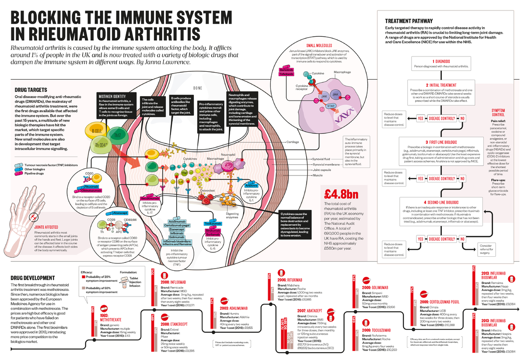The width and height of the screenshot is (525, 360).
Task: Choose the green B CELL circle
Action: click(x=97, y=131)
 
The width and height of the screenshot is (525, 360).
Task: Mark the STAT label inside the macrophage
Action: click(x=331, y=106)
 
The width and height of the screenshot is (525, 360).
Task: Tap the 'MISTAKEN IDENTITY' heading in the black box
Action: click(x=112, y=96)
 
